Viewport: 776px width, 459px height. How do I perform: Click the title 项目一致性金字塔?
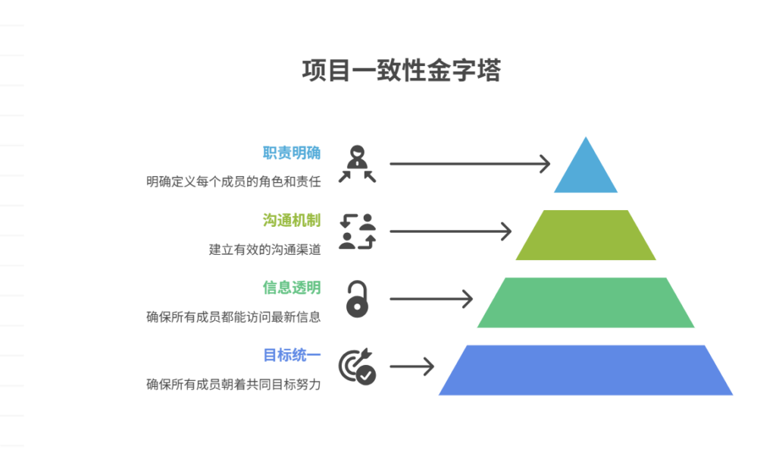[x=402, y=71]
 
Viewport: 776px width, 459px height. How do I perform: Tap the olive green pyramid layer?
[x=586, y=235]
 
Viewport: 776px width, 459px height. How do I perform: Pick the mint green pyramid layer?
[x=586, y=302]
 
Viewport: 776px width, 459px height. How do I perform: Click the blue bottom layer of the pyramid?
[x=586, y=370]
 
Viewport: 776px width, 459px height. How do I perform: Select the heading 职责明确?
[x=292, y=153]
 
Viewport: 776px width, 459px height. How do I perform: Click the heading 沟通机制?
[x=292, y=221]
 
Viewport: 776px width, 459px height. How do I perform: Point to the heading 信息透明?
[x=292, y=288]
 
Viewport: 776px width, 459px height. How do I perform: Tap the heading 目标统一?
[x=292, y=355]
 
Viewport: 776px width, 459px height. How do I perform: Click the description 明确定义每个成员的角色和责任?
[x=233, y=181]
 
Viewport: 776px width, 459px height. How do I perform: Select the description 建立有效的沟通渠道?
[x=264, y=249]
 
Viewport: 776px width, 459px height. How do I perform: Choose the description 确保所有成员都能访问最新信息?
[x=233, y=316]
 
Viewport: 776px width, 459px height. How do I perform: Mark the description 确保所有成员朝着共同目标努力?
[x=233, y=384]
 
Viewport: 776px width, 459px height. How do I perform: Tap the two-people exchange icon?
[x=357, y=231]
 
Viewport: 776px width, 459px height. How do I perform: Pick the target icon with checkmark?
[x=357, y=366]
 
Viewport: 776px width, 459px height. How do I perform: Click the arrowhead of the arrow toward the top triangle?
[x=544, y=163]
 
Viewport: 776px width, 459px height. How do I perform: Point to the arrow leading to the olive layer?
[x=450, y=231]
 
